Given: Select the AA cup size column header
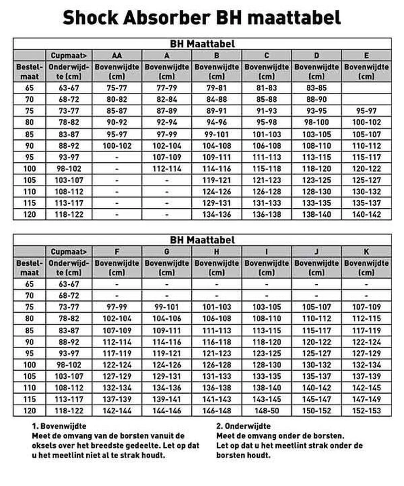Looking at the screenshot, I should tap(117, 55).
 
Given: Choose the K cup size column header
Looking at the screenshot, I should tap(366, 252).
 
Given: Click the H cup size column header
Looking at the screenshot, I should tap(217, 252).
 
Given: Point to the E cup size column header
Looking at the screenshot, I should tap(366, 55).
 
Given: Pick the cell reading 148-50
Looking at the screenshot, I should tap(267, 411).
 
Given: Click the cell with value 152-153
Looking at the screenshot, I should tap(366, 411).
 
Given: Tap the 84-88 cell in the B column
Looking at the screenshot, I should tap(217, 99).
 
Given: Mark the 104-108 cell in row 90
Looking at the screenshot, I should tap(217, 146).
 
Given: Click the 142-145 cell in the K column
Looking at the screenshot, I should tap(366, 388).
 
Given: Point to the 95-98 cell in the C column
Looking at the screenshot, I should tap(267, 122).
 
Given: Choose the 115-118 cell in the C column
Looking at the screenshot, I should tap(267, 169).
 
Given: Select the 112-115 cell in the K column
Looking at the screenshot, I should tap(366, 319).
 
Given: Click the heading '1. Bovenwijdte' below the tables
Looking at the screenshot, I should tap(59, 426).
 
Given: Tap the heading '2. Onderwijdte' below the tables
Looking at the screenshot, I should tap(243, 426).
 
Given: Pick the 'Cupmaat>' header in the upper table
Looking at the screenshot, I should tap(69, 55).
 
